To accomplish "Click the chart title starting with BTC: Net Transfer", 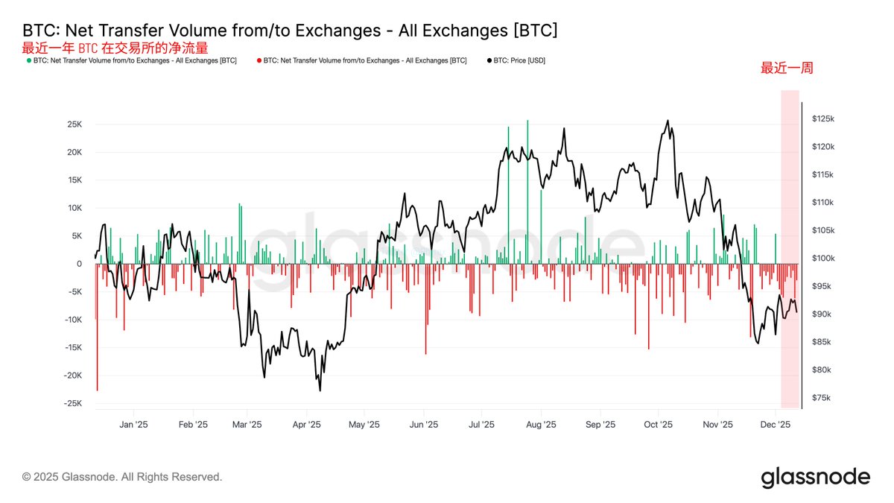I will tap(290, 31).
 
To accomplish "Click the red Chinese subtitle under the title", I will tap(115, 48).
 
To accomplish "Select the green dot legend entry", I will tap(130, 60).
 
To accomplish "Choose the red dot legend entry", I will tap(361, 60).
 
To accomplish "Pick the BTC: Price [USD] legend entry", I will tap(516, 60).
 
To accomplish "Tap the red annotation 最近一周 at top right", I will tap(786, 68).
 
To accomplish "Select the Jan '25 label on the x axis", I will tap(133, 425).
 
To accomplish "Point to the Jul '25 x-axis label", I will tap(481, 425).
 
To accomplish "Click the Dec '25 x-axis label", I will tap(775, 425).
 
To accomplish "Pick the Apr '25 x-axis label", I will tap(306, 425).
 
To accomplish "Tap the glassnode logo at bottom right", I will tap(815, 477).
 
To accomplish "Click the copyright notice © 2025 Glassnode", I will tap(122, 477).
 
